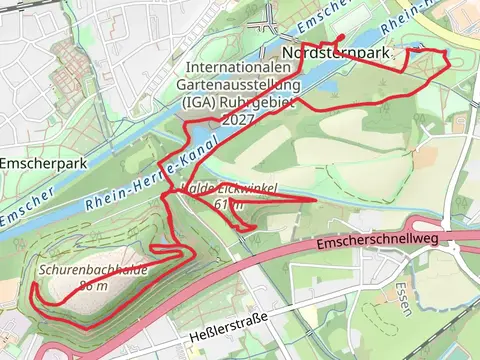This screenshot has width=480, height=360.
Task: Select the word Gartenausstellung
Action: point(238,85)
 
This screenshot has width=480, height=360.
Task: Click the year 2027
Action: point(238,118)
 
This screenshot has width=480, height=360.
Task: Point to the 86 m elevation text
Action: point(93,285)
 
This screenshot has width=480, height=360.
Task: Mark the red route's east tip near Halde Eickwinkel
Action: point(316,201)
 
